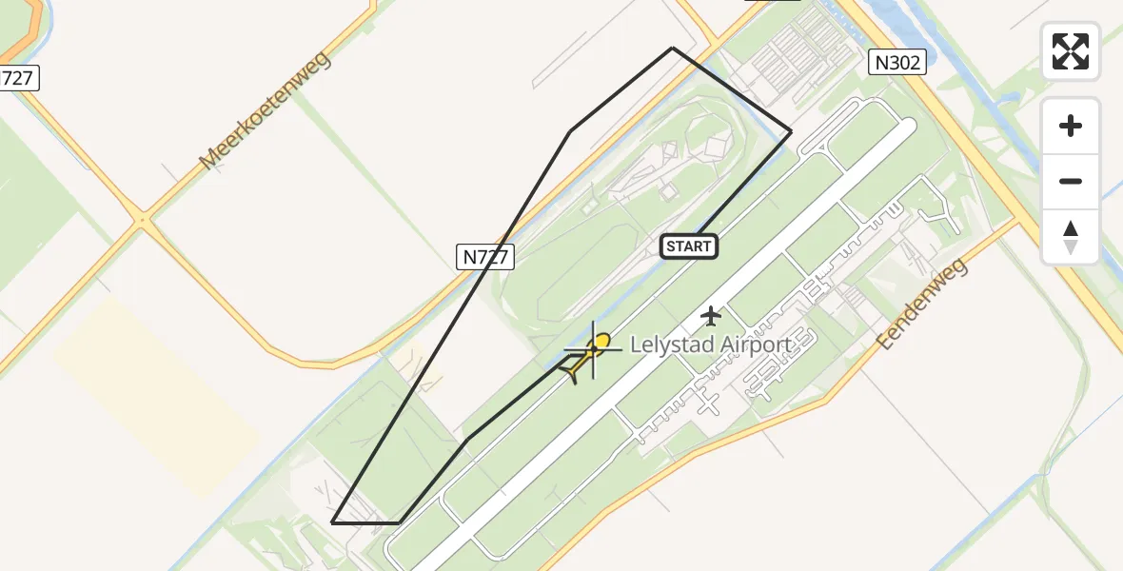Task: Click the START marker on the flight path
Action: coord(689,246)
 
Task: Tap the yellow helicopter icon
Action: coord(588,354)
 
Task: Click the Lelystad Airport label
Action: coord(710,345)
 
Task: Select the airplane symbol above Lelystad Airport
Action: coord(711,315)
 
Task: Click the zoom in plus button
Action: coord(1071,126)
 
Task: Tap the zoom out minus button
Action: coord(1071,181)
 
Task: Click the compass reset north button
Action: coord(1071,236)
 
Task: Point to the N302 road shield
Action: coord(896,63)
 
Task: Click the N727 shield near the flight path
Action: coord(485,255)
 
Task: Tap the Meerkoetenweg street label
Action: coord(265,112)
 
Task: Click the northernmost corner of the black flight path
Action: coord(673,48)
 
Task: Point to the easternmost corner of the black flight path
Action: coord(791,131)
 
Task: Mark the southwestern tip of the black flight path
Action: coord(332,522)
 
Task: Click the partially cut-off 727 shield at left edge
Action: coord(17,78)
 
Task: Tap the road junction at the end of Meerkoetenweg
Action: coord(143,221)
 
